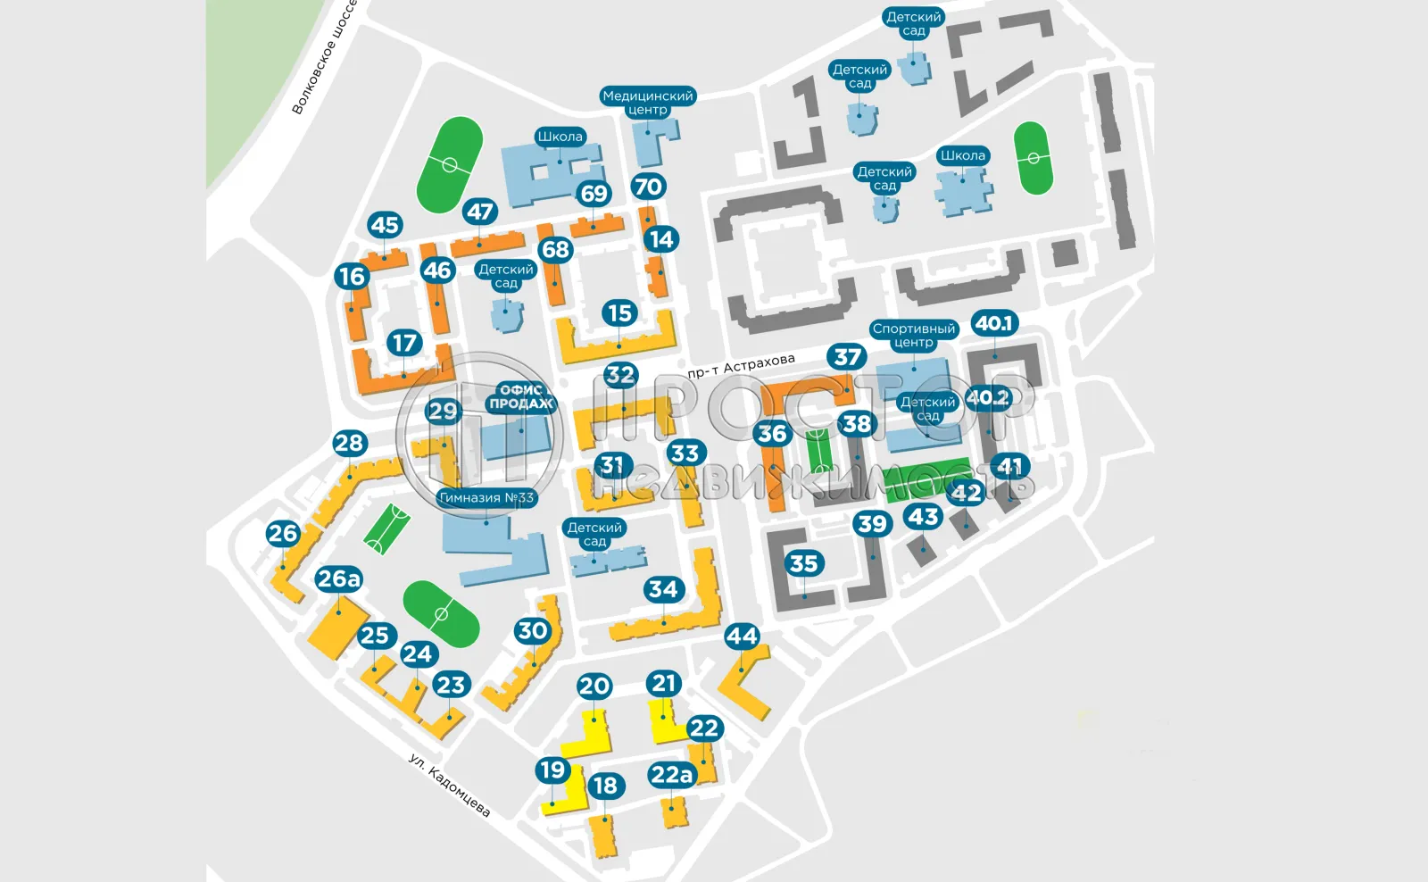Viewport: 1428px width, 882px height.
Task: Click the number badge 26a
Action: coord(338,579)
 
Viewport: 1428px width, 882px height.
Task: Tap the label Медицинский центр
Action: coord(647,103)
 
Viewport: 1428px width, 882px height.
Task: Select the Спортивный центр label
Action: coord(913,335)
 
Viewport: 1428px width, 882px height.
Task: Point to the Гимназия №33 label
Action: coord(486,498)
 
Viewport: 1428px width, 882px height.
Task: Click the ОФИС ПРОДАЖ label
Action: coord(521,396)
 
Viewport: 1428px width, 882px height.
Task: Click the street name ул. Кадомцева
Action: coord(449,785)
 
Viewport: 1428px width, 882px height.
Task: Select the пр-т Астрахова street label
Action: coord(741,365)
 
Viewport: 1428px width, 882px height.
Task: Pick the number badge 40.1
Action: coord(994,323)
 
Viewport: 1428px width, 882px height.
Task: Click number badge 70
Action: coord(648,187)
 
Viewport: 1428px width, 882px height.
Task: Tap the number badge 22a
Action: coord(671,775)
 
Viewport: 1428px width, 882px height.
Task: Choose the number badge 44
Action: coord(742,637)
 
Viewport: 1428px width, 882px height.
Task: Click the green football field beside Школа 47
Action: coord(450,165)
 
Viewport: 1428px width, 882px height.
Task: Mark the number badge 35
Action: coord(803,563)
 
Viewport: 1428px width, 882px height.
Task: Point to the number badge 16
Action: coord(352,277)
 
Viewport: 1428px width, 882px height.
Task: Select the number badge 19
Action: coord(552,770)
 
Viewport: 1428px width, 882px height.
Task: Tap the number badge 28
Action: coord(349,443)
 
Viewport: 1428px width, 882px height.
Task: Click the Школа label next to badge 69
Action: coord(560,137)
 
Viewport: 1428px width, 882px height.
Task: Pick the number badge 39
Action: coord(872,524)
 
